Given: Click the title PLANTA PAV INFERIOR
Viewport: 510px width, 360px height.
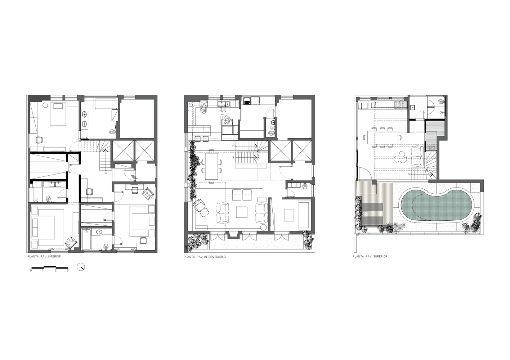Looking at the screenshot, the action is click(x=44, y=256).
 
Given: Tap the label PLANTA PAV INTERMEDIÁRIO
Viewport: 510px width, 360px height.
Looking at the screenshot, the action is click(x=205, y=257).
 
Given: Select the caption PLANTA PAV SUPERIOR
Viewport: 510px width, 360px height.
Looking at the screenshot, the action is click(x=370, y=256).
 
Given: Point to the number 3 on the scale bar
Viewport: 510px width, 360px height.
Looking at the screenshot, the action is click(x=68, y=271).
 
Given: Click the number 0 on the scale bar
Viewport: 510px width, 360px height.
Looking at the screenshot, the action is click(x=31, y=271).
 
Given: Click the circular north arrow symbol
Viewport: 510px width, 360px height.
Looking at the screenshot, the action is click(x=81, y=267).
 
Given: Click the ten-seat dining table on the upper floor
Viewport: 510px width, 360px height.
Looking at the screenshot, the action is click(x=382, y=138).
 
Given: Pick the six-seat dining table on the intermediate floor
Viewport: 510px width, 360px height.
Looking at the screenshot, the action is click(x=211, y=166).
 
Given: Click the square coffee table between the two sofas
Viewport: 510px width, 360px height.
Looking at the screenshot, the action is click(x=242, y=212).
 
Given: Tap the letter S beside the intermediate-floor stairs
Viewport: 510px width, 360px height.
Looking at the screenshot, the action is click(x=233, y=157).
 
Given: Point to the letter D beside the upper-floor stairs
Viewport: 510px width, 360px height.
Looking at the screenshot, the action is click(x=409, y=174).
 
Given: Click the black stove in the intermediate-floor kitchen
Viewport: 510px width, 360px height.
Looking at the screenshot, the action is click(x=247, y=101).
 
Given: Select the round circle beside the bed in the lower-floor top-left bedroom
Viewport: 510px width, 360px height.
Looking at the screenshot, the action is click(x=45, y=105).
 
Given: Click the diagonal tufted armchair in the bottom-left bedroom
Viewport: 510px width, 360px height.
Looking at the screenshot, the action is click(x=71, y=242).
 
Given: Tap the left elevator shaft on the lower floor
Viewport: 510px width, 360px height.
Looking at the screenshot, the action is click(x=123, y=150).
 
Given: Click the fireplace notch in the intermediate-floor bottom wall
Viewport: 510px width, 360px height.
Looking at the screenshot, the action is click(x=233, y=235).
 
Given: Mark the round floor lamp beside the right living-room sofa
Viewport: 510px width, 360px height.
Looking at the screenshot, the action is click(x=263, y=227).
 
